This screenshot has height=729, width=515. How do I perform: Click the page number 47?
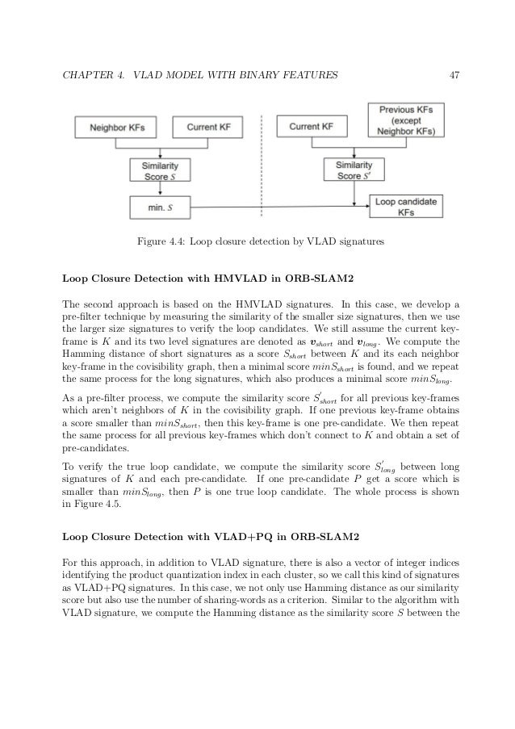click(454, 76)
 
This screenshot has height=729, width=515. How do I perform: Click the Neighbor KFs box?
click(110, 127)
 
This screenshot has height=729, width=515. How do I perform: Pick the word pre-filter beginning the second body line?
click(82, 318)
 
